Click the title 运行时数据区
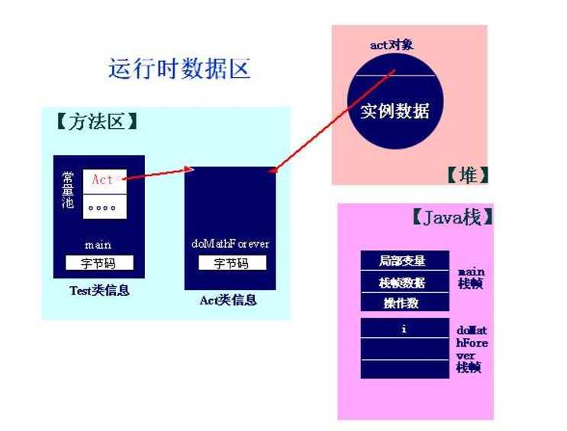pos(179,69)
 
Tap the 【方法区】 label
pos(97,122)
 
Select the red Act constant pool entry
pos(104,180)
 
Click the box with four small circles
pos(104,207)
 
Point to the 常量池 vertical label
pos(69,191)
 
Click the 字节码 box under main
pos(99,263)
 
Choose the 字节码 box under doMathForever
pos(232,263)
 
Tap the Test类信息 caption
pos(99,290)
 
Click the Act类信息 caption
pos(228,300)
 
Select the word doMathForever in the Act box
pos(230,244)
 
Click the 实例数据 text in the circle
pos(395,111)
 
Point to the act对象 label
pos(391,45)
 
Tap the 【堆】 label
pos(467,175)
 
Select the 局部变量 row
pos(404,261)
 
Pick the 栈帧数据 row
pos(404,282)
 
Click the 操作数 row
pos(404,303)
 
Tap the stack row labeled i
pos(404,330)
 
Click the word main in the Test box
pos(98,245)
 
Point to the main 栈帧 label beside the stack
pos(470,278)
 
